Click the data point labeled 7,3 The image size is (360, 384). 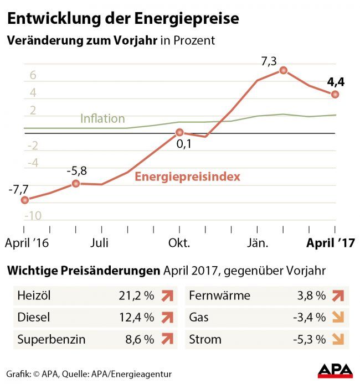click(x=283, y=70)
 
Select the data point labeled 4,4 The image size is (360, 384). click(x=335, y=95)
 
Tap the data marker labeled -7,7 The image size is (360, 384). click(x=24, y=200)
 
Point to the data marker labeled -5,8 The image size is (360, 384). click(x=76, y=183)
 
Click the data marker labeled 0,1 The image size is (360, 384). click(x=179, y=133)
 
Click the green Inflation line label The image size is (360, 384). click(x=102, y=118)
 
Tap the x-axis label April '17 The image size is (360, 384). click(x=331, y=243)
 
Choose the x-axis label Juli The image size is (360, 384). click(x=100, y=243)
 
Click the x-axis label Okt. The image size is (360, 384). click(x=179, y=243)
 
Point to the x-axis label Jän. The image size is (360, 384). click(x=257, y=243)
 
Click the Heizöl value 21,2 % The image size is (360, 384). click(x=136, y=295)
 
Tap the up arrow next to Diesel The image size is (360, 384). click(x=165, y=318)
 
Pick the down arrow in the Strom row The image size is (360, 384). click(x=337, y=339)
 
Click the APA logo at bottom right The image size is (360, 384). click(x=335, y=371)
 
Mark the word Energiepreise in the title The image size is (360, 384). click(x=188, y=18)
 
